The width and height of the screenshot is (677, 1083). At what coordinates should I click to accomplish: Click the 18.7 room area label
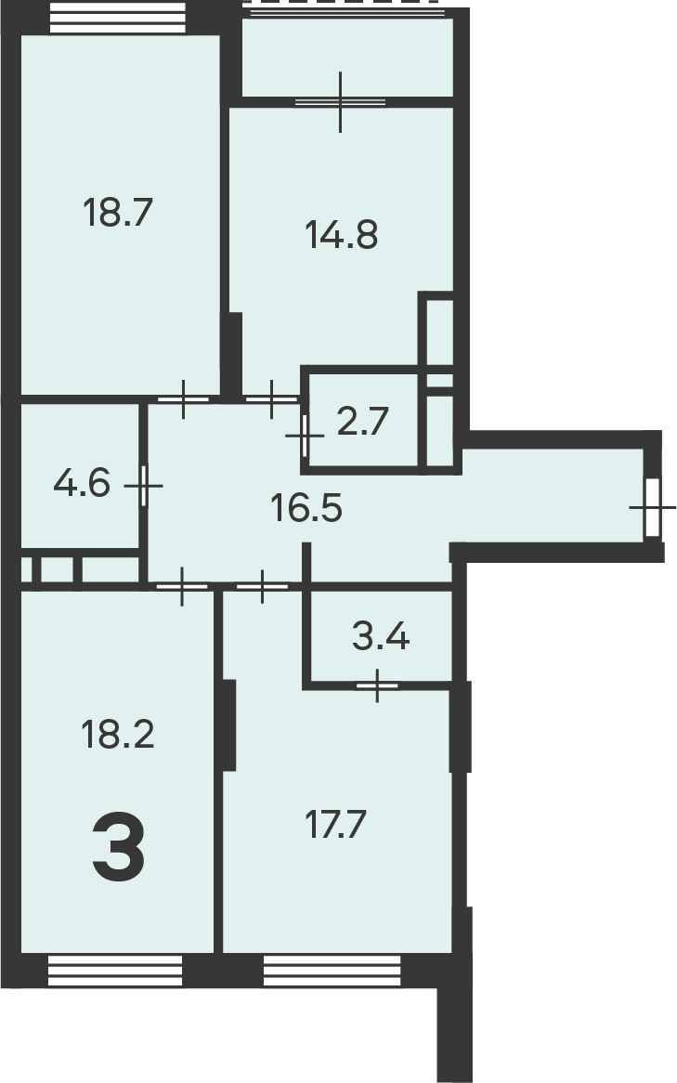coord(117,212)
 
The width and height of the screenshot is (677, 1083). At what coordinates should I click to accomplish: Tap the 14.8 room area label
coord(341,234)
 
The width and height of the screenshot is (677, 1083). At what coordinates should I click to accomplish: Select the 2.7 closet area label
coord(363,422)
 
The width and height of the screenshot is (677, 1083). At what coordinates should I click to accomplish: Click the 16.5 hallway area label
coord(306,508)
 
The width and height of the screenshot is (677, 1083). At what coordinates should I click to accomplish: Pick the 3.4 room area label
coord(381,636)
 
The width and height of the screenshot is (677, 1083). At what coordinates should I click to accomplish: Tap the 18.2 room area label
coord(117,734)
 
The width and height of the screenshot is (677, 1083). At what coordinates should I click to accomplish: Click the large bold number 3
coord(119,847)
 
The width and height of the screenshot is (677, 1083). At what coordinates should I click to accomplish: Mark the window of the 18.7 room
coord(118,18)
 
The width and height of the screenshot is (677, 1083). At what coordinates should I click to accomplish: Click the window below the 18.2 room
coord(115,971)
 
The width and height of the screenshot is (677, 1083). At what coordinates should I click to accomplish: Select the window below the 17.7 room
coord(332,971)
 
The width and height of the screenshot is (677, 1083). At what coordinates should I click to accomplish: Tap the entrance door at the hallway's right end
coord(652,508)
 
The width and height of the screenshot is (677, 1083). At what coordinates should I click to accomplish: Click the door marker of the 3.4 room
coord(377,685)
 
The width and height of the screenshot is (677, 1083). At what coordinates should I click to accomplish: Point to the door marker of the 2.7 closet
coord(304,436)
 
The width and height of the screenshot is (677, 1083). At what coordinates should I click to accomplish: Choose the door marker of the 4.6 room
coord(144,486)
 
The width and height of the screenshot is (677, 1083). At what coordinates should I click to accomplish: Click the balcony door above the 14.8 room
coord(341,102)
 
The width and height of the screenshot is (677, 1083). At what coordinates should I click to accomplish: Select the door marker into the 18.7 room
coord(183,399)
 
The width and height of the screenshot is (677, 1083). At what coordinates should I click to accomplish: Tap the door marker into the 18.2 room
coord(182,587)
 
